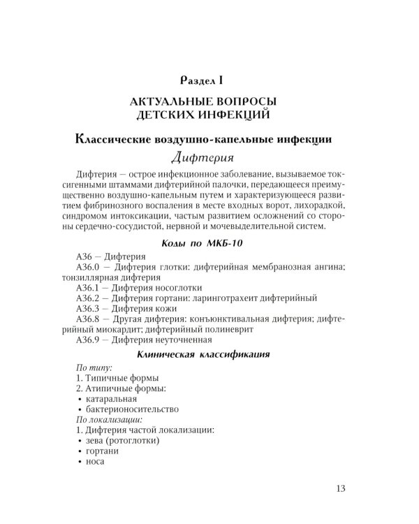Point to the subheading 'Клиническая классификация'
pos(209,354)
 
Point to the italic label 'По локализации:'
pos(108,419)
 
